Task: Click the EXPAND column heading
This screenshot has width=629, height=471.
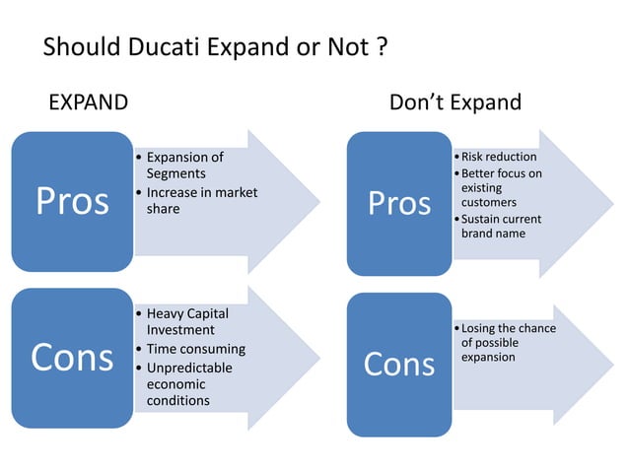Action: pyautogui.click(x=88, y=102)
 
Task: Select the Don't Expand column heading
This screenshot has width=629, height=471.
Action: pyautogui.click(x=454, y=102)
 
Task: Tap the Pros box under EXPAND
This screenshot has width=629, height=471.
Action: pyautogui.click(x=72, y=201)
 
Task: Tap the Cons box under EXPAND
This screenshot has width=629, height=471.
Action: pyautogui.click(x=72, y=358)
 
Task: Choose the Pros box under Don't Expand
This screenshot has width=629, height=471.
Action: pyautogui.click(x=399, y=204)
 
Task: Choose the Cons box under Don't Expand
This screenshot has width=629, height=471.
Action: pyautogui.click(x=399, y=365)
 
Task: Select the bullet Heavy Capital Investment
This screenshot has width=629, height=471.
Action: pyautogui.click(x=187, y=321)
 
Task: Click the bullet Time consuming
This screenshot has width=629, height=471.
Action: pyautogui.click(x=195, y=349)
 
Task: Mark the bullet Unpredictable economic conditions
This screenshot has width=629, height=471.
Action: pyautogui.click(x=191, y=384)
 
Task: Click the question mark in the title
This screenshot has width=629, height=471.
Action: pyautogui.click(x=381, y=46)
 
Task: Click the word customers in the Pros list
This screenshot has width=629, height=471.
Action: pyautogui.click(x=489, y=202)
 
